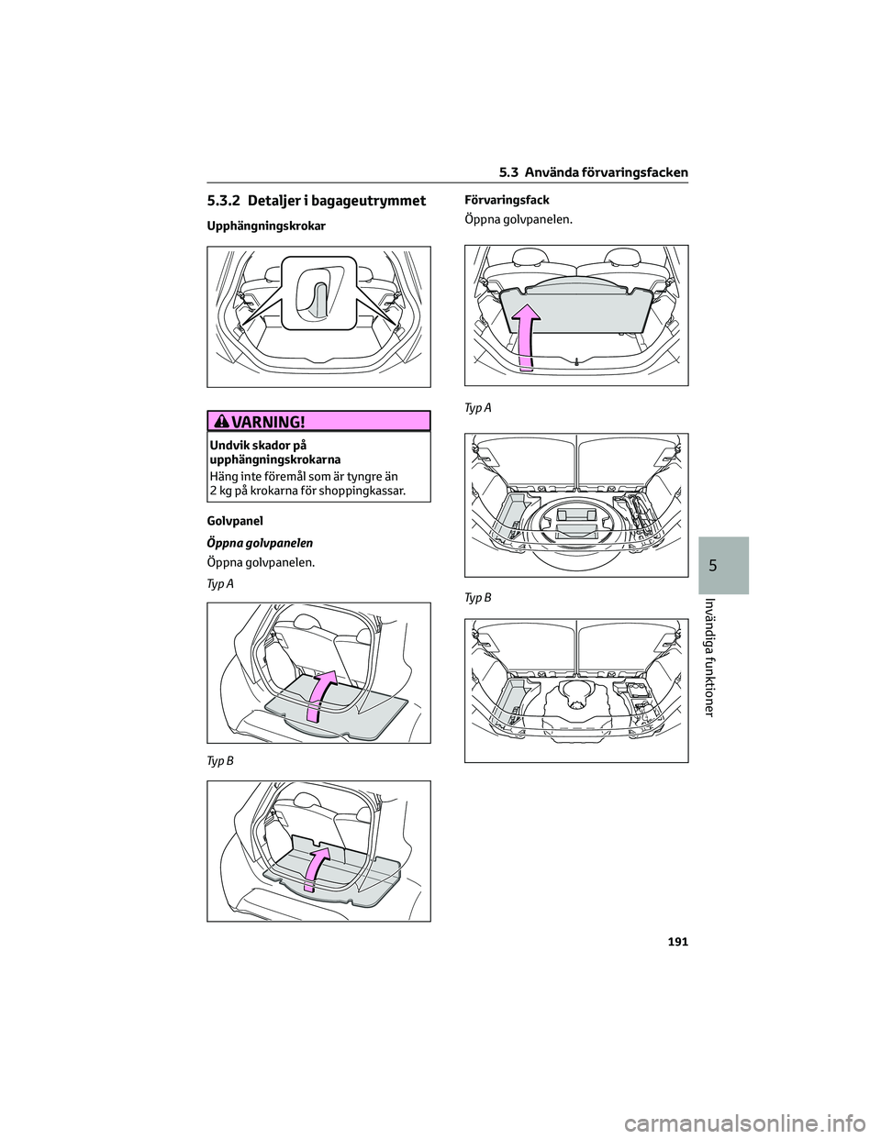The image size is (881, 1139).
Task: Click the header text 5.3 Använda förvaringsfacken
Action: point(594,173)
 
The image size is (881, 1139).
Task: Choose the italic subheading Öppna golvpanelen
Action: point(260,543)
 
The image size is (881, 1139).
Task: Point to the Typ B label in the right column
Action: point(478,598)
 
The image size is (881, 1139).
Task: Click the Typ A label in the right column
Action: point(478,408)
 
